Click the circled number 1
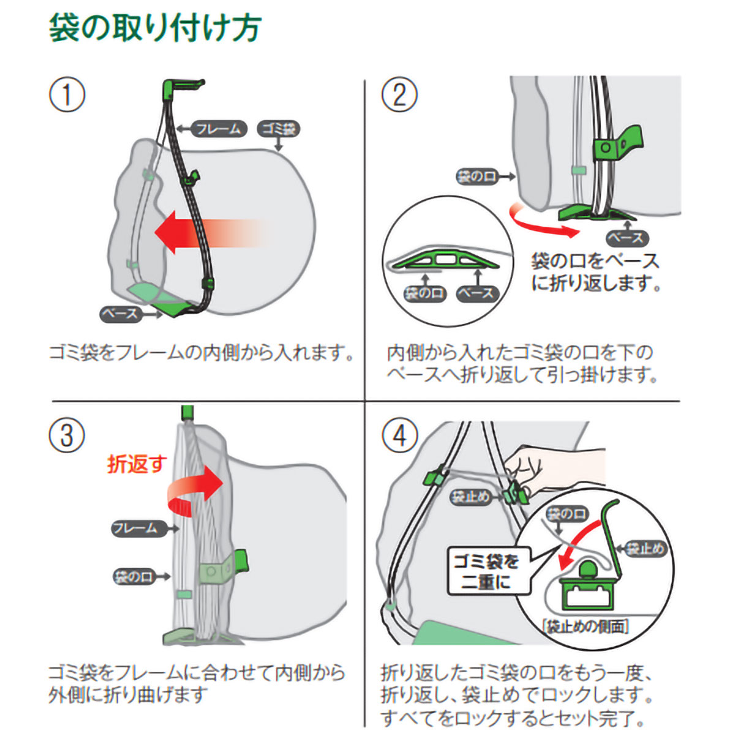tap(67, 96)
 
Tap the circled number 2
tap(399, 96)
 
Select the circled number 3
tap(67, 435)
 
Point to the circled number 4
tap(399, 435)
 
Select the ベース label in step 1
tap(121, 314)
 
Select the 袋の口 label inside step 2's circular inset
tap(424, 293)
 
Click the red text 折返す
tap(137, 464)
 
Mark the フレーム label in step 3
tap(136, 528)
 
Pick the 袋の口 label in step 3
tap(134, 576)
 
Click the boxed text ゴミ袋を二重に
tap(486, 571)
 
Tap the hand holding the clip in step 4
tap(545, 466)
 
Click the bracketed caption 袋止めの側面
tap(586, 627)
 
